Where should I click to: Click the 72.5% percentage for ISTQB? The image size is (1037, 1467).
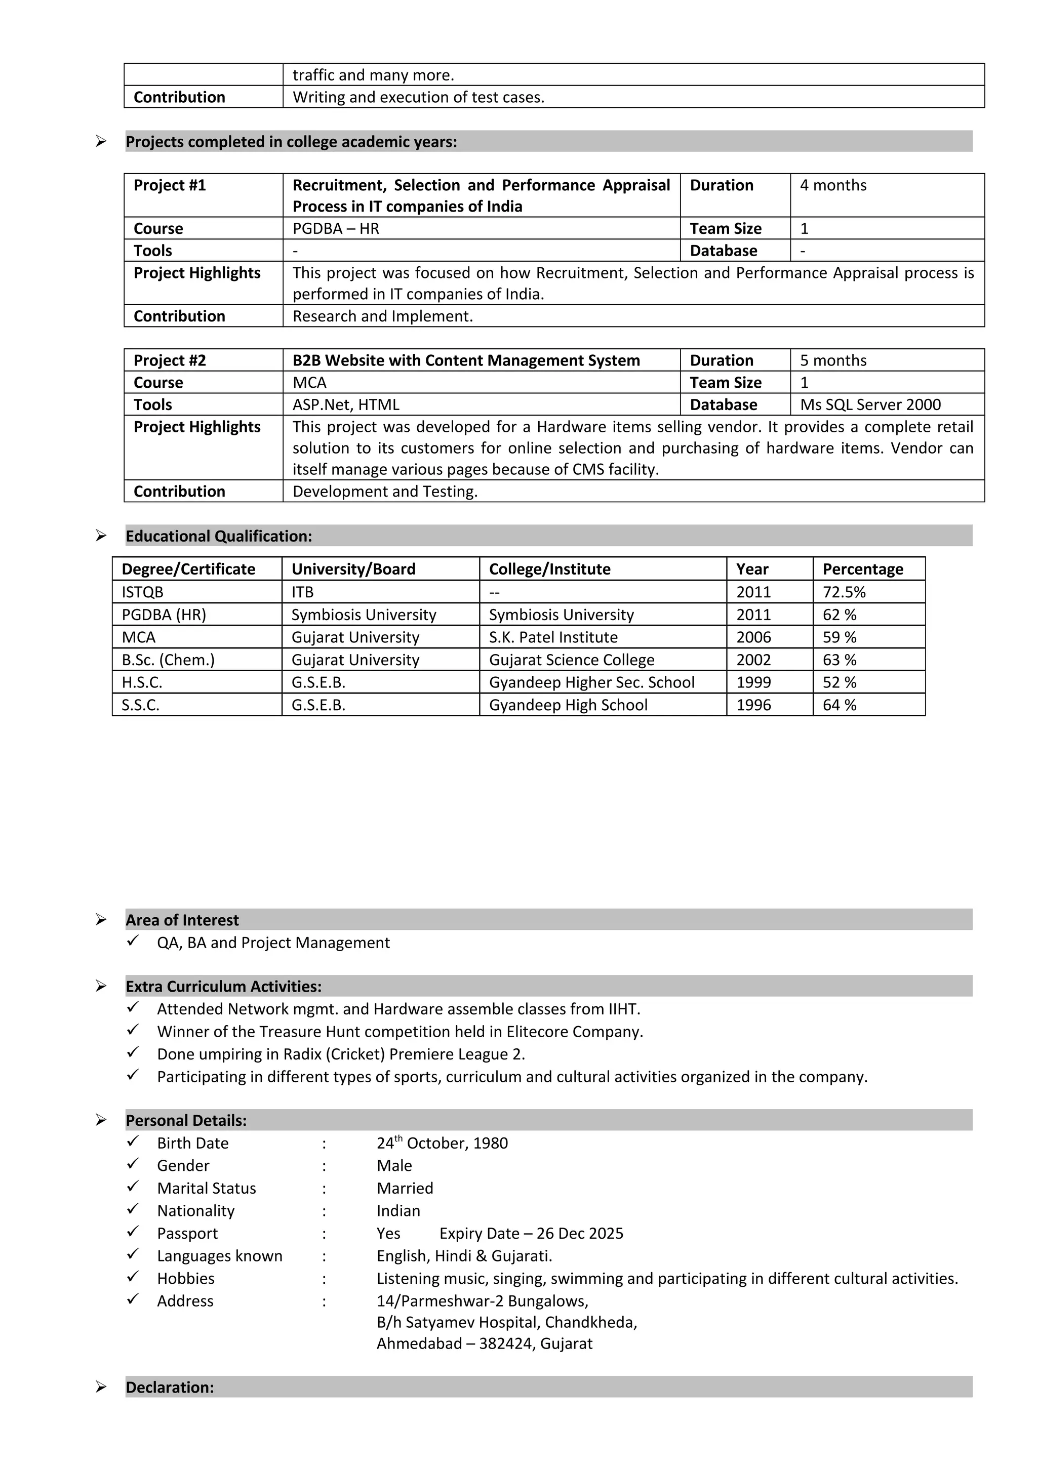[x=844, y=592]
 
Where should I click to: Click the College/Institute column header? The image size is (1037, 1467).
[x=549, y=569]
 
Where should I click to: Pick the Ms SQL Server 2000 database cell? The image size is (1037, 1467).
[x=870, y=405]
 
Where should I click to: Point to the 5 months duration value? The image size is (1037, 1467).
[x=832, y=361]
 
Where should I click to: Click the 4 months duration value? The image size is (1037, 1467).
[x=832, y=186]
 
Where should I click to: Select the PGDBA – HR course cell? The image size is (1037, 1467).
[x=335, y=229]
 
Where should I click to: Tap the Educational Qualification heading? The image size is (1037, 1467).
[x=219, y=537]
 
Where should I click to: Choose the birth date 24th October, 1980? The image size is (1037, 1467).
[x=442, y=1144]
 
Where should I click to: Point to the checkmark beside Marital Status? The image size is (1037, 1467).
[x=133, y=1187]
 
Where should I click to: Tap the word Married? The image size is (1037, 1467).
[x=405, y=1189]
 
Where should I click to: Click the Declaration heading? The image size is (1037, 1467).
[x=169, y=1388]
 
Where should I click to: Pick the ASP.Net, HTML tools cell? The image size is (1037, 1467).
[x=346, y=405]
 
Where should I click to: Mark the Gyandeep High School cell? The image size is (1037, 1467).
[x=568, y=705]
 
